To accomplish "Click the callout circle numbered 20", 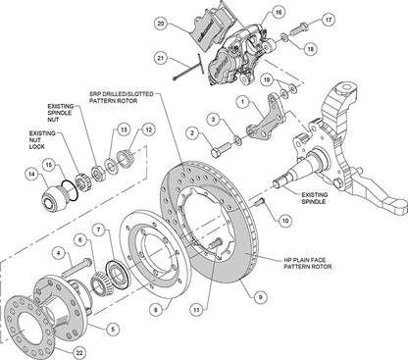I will (161, 23).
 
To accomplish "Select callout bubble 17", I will (328, 18).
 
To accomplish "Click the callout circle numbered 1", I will (240, 101).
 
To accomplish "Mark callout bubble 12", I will (149, 129).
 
